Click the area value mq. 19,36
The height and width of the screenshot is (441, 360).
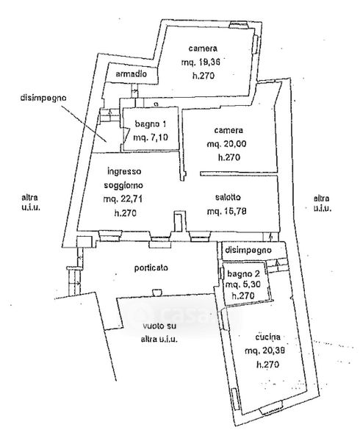(201, 62)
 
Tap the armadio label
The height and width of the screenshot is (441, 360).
(132, 74)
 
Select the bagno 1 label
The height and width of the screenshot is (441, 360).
(151, 123)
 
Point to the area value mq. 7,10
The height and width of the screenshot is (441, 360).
(151, 137)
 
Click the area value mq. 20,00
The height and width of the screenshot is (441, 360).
(227, 144)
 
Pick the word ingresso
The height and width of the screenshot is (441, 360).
(124, 171)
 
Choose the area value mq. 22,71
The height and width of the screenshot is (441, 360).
(123, 199)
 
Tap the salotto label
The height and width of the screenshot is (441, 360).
(228, 198)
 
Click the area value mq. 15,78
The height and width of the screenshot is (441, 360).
(227, 211)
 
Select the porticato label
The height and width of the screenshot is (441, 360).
(151, 268)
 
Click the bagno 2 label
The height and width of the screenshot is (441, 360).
(244, 273)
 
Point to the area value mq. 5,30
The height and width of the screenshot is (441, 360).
(243, 284)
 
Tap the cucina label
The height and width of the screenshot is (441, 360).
(268, 337)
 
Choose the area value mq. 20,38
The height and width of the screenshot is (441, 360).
(265, 351)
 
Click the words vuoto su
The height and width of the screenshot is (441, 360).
(159, 326)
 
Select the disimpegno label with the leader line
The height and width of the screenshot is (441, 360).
(43, 98)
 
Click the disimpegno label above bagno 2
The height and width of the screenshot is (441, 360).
(248, 250)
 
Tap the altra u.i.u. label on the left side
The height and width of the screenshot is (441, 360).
(30, 203)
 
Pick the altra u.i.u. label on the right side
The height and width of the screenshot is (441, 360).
(322, 203)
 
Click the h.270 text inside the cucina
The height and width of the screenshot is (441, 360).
(268, 365)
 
